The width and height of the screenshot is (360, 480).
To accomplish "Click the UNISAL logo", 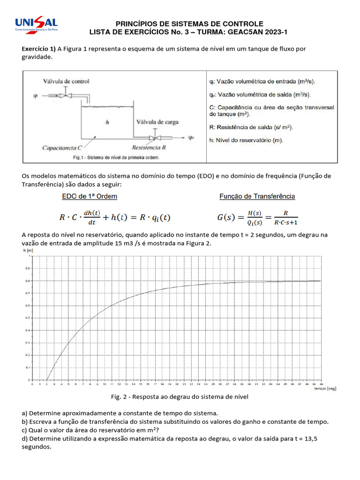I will click(x=37, y=24).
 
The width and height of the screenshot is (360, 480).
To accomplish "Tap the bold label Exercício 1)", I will click(x=39, y=49).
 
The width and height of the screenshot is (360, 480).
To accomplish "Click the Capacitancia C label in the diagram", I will click(x=62, y=148).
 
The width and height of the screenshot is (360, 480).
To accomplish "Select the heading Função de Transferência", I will click(x=257, y=196).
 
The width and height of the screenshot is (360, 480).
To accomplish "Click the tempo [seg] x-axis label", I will click(x=324, y=389).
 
